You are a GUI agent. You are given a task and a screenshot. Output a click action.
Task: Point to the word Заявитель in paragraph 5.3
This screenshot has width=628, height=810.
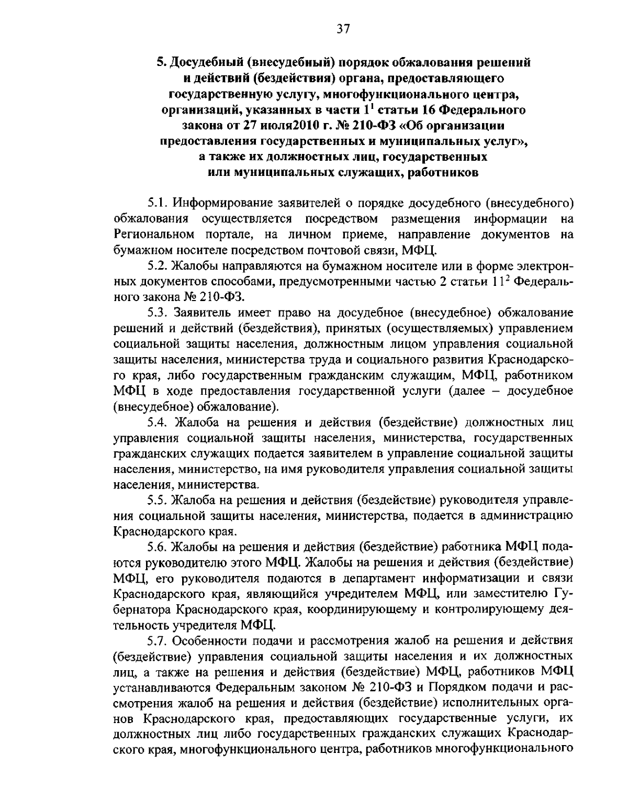(x=203, y=313)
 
